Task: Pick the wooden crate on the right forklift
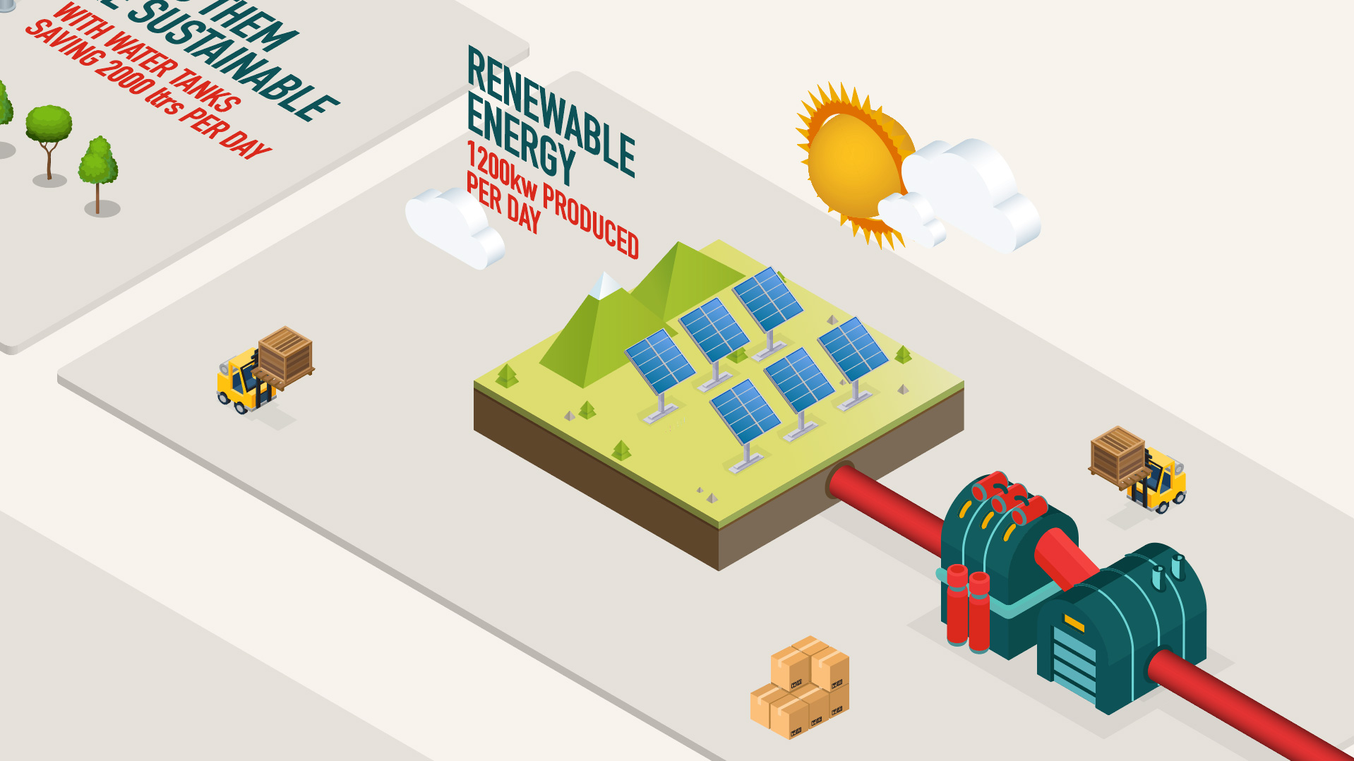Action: [1117, 455]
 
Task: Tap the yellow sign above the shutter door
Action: [1074, 623]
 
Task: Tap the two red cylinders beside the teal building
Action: [968, 607]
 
